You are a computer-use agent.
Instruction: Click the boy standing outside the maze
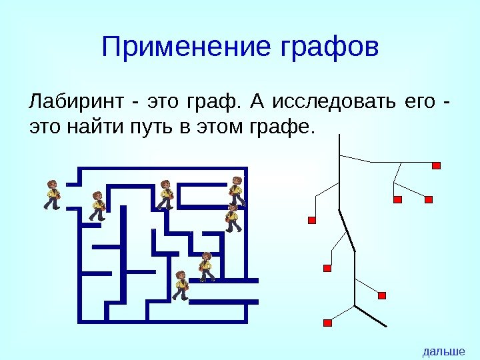click(x=52, y=195)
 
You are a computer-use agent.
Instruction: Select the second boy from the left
click(x=98, y=205)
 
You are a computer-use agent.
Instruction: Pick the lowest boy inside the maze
click(x=180, y=285)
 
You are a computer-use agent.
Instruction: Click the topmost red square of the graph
click(x=437, y=165)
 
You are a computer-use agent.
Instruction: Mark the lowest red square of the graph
click(x=327, y=323)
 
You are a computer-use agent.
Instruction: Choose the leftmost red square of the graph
click(x=311, y=220)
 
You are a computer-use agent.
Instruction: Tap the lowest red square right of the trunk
click(x=382, y=295)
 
